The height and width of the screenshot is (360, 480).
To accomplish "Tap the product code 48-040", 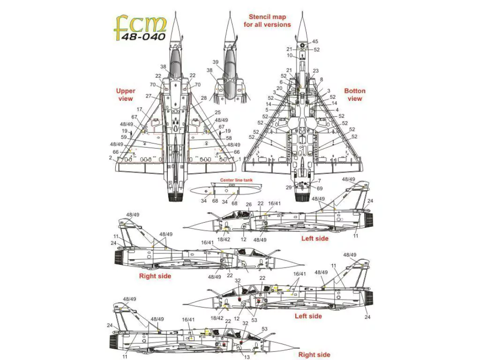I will [145, 36].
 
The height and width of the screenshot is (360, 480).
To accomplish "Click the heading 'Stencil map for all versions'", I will [267, 21].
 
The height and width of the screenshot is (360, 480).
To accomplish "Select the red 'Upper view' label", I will [126, 95].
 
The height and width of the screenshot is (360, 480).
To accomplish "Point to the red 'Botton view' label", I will [355, 95].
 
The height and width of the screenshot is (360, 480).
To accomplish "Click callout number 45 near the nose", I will [315, 42].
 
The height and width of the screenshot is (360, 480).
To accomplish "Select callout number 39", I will [216, 62].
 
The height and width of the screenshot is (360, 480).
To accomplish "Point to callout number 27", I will [149, 96].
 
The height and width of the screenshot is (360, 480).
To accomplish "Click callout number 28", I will [203, 98].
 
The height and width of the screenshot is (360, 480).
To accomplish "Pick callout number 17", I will [140, 109].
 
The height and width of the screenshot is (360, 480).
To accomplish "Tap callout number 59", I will [124, 137].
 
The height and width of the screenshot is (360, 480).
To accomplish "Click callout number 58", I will [229, 138].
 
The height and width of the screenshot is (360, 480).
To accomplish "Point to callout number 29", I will [289, 187].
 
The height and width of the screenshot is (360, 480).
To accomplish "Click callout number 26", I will [248, 204].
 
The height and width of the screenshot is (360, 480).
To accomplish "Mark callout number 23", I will [315, 71].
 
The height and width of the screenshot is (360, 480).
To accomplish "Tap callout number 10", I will [290, 55].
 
